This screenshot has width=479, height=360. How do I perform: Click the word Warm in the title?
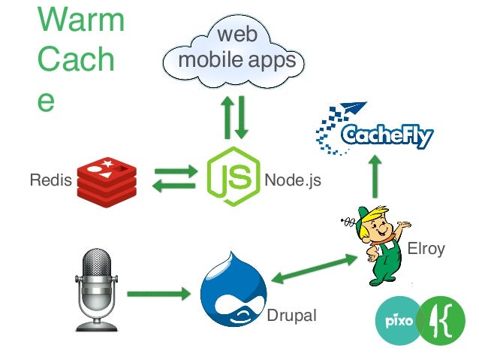point(80,20)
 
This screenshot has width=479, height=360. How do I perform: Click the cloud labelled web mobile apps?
point(235,48)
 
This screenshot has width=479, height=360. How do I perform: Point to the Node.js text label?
point(293,180)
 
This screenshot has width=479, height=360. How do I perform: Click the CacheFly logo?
point(375,132)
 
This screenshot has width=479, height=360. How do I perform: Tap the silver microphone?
point(97,289)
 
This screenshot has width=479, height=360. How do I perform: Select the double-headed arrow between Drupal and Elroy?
point(314,269)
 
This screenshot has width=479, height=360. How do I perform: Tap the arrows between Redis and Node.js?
point(174,180)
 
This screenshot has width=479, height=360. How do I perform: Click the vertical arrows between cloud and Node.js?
point(233,117)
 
